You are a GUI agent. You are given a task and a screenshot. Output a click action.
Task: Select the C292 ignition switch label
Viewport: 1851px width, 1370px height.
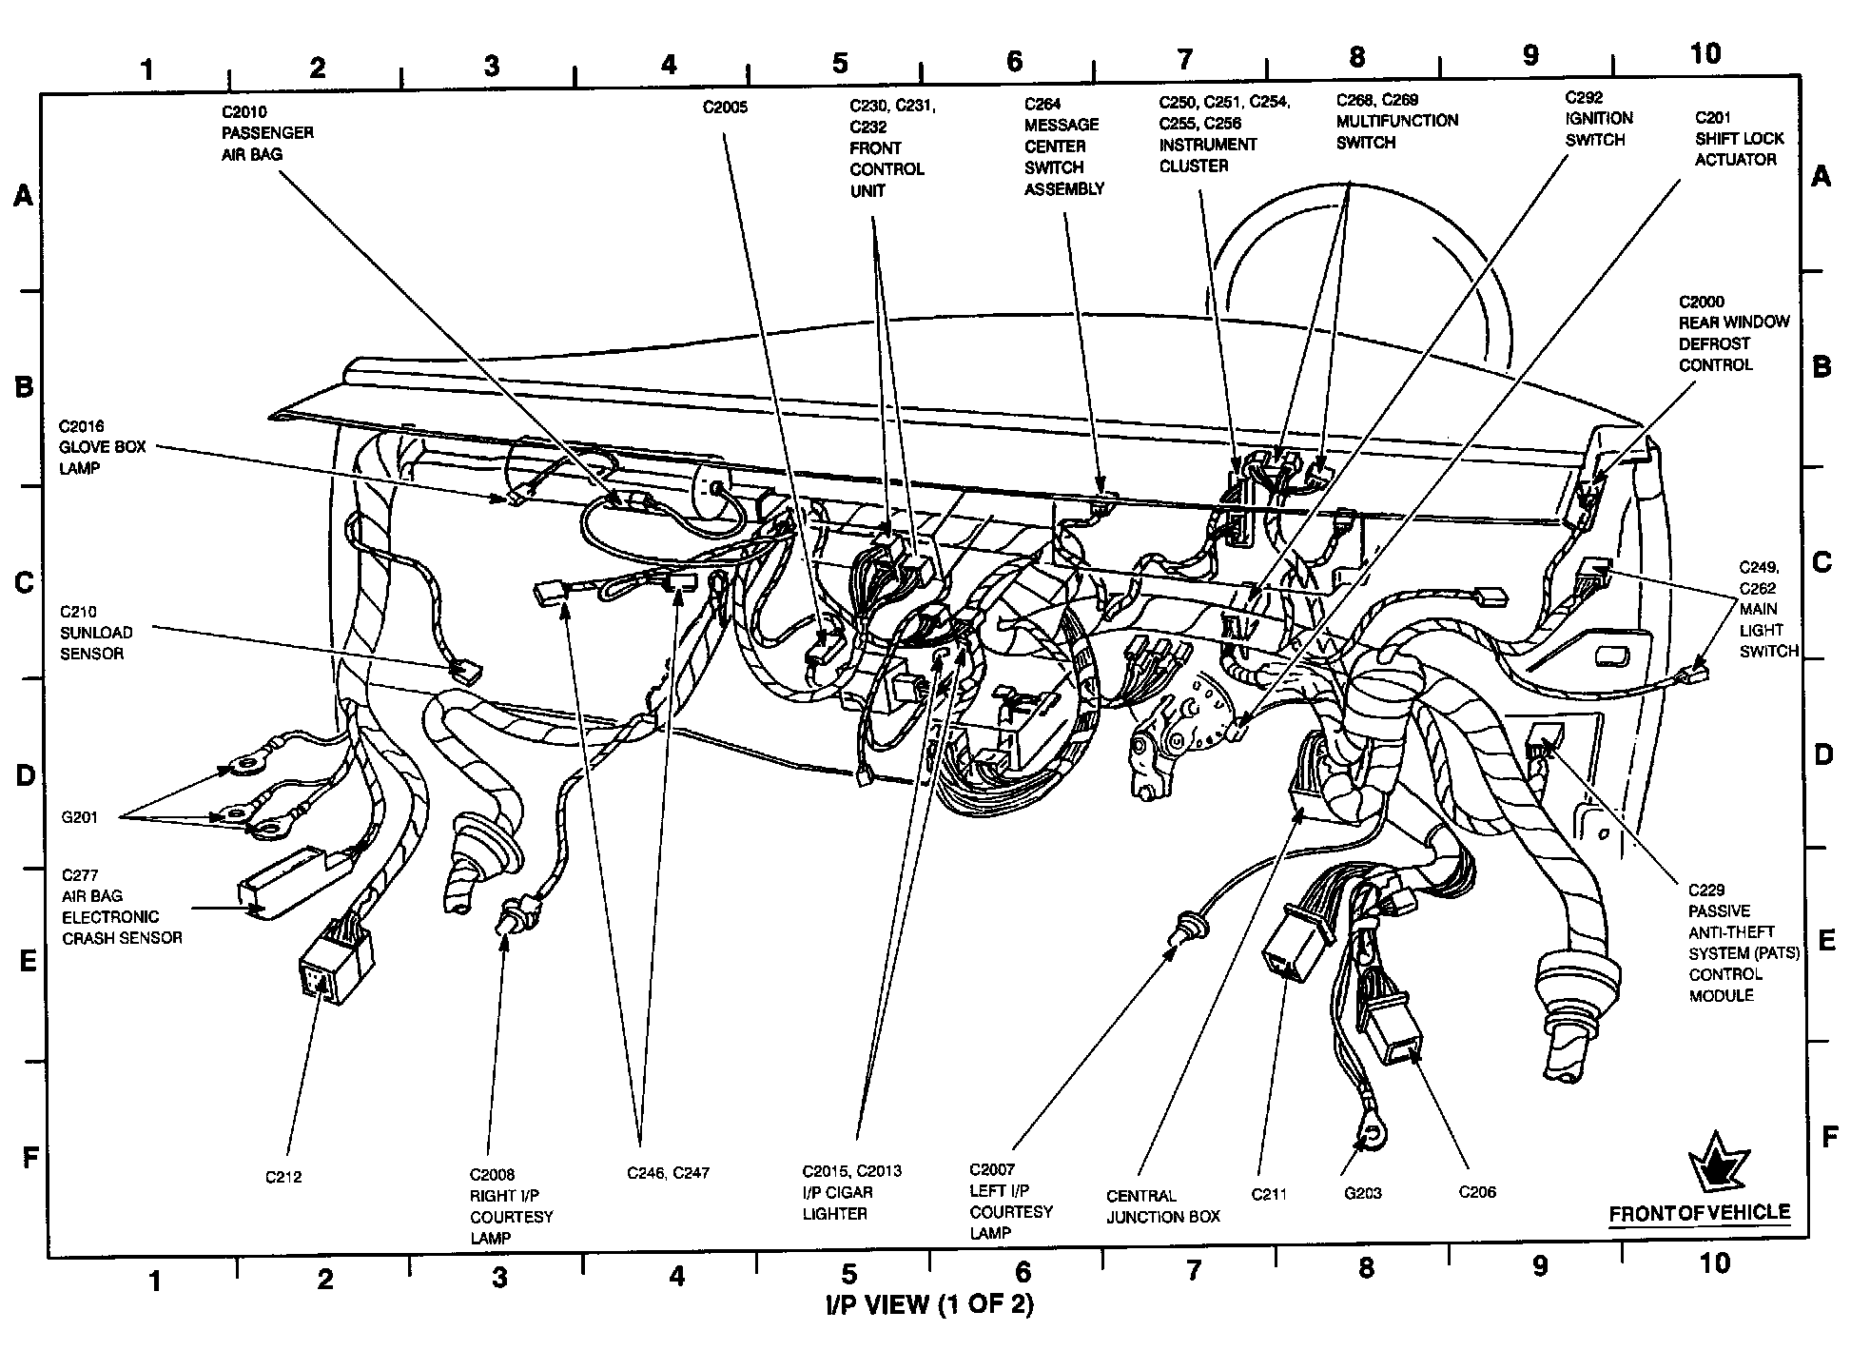(x=1598, y=119)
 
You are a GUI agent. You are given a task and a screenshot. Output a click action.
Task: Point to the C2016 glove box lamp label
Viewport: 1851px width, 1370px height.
(x=102, y=447)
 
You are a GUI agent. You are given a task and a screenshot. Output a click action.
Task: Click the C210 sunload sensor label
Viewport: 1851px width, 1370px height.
(x=96, y=633)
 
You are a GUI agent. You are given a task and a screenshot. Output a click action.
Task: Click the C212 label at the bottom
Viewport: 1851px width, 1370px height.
(x=283, y=1177)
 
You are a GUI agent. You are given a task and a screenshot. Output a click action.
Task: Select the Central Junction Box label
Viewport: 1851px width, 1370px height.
(x=1162, y=1205)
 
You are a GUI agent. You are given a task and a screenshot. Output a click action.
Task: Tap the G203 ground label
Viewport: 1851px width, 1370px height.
(x=1363, y=1193)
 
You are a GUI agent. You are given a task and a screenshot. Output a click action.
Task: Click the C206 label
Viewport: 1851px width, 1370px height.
(x=1476, y=1191)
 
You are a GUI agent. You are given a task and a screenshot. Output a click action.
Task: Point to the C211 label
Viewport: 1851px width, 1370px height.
(x=1269, y=1194)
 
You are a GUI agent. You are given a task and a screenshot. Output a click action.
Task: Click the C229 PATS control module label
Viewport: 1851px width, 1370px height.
(x=1743, y=943)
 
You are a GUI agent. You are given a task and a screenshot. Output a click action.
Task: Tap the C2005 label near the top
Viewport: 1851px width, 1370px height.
(x=725, y=108)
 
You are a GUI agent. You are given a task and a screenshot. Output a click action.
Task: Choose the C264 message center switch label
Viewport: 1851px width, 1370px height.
(x=1063, y=147)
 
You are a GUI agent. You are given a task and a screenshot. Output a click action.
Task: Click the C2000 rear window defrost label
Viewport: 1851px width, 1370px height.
(x=1733, y=333)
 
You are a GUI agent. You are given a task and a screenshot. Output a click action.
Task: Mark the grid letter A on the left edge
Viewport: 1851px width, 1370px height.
(x=23, y=197)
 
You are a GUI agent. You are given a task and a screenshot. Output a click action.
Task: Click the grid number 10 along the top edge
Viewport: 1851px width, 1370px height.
(x=1705, y=53)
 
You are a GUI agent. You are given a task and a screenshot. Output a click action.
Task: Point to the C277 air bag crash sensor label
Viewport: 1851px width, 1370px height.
(x=121, y=907)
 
